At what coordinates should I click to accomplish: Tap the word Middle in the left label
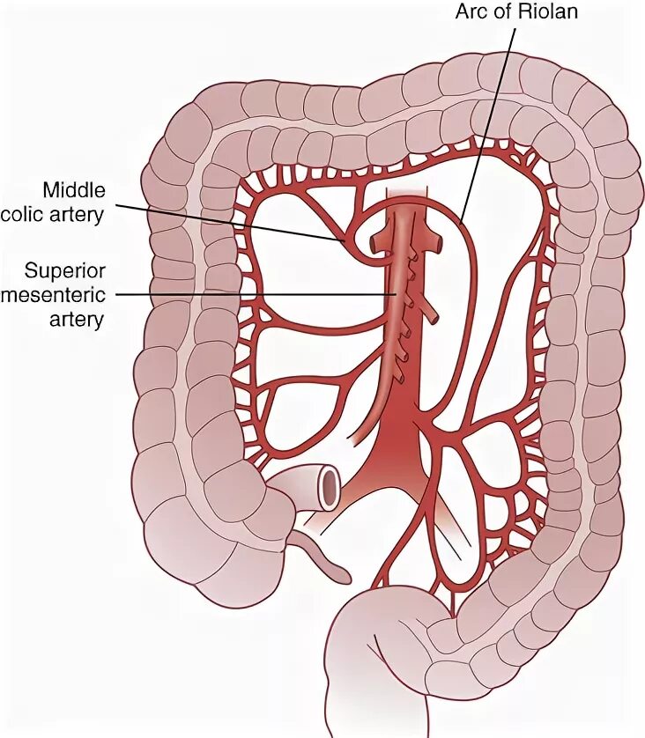[x=75, y=190]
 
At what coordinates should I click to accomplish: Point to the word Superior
[x=65, y=269]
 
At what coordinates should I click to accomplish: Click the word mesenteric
[x=52, y=293]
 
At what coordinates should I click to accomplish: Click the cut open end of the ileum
[x=330, y=487]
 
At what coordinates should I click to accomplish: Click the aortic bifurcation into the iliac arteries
[x=401, y=440]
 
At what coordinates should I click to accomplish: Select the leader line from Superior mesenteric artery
[x=256, y=294]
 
